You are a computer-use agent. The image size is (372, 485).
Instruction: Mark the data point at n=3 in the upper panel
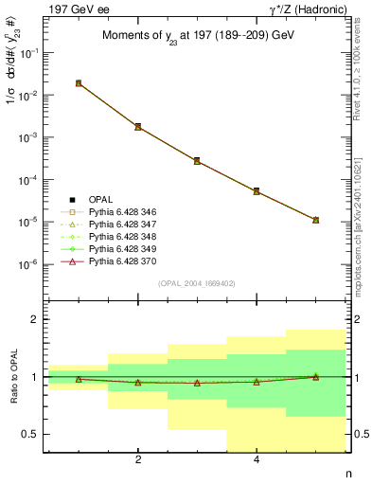click(x=197, y=161)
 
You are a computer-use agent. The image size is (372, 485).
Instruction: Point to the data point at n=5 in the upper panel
click(x=315, y=220)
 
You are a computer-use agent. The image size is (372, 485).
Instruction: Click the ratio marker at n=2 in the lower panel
click(x=138, y=383)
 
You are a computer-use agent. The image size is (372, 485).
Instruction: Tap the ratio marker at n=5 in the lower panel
click(x=315, y=376)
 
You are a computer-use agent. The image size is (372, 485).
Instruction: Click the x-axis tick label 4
click(x=257, y=461)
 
